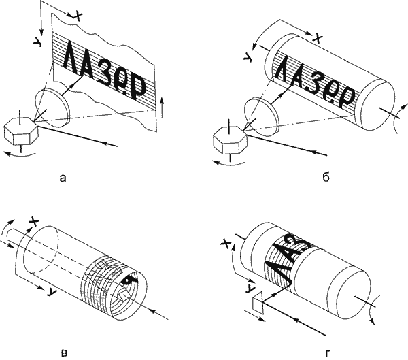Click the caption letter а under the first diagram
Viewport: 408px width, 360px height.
tap(63, 178)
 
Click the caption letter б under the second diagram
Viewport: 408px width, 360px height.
tap(326, 178)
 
